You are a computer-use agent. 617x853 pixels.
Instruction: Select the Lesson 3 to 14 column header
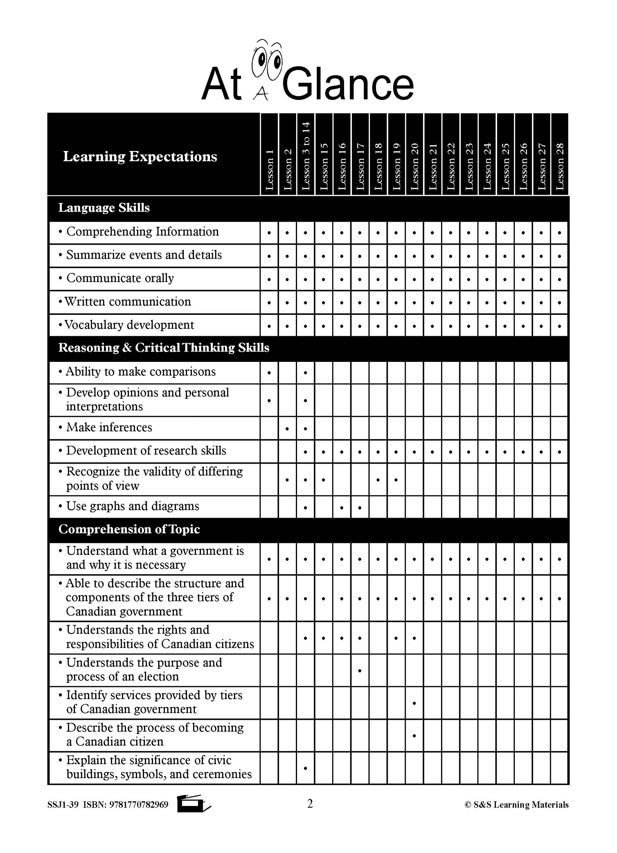(x=306, y=155)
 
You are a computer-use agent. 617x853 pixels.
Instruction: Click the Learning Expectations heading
(x=140, y=156)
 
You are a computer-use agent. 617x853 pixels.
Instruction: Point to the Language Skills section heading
(x=104, y=208)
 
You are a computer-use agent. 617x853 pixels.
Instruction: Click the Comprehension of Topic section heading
(x=129, y=529)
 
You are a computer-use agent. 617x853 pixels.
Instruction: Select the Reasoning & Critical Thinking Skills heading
(x=164, y=347)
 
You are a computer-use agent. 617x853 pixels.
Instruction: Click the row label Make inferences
(x=109, y=427)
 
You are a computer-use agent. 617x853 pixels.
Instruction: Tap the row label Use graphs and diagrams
(x=132, y=506)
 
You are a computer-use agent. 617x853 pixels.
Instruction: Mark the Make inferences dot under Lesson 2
(x=287, y=428)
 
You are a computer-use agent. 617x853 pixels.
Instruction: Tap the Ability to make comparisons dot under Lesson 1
(x=269, y=373)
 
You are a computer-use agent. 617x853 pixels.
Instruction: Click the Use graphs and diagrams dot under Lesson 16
(x=341, y=508)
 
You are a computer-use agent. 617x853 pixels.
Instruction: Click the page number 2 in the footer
(x=310, y=804)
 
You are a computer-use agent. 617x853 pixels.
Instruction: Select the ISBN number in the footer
(x=139, y=805)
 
